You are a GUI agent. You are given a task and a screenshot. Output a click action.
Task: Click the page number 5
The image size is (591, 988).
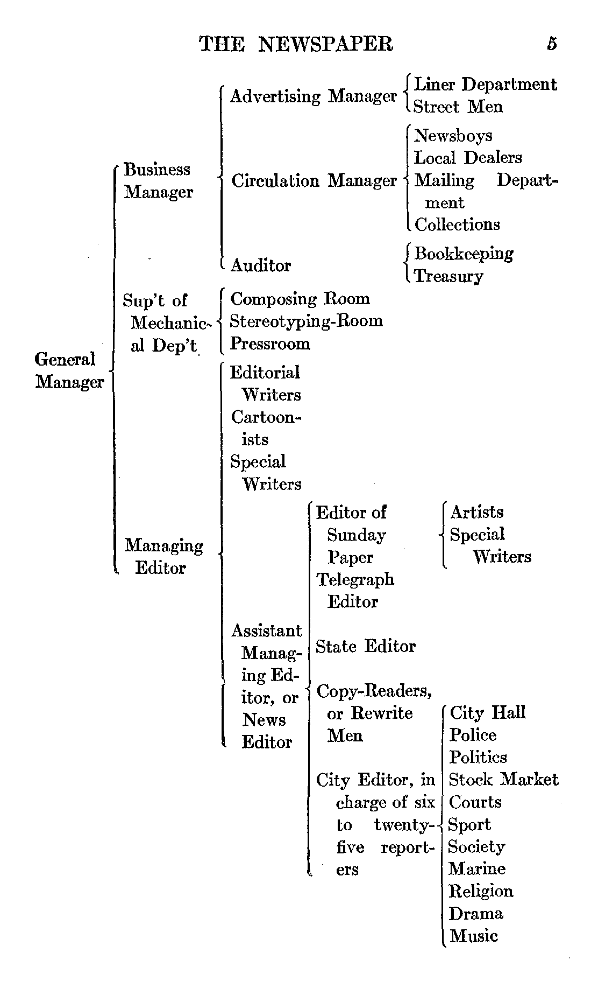tap(552, 43)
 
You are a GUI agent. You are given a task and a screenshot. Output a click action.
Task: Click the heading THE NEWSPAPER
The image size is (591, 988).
tap(296, 44)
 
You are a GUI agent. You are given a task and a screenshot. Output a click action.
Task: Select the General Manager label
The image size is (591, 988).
tap(69, 370)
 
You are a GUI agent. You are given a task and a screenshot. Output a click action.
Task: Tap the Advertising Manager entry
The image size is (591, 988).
tap(313, 96)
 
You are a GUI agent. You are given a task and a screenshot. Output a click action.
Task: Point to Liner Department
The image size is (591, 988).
tap(485, 85)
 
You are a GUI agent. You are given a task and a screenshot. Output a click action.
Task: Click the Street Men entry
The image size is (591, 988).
tap(458, 107)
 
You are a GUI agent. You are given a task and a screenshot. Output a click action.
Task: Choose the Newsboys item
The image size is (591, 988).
tap(453, 135)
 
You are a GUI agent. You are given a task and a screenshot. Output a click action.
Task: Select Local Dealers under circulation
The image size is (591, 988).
tap(468, 158)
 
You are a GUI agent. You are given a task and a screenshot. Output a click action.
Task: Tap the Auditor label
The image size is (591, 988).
tap(260, 265)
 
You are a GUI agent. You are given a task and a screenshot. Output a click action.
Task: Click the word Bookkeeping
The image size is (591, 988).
tap(464, 254)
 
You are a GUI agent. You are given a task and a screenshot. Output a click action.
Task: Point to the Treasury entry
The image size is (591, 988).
tap(448, 276)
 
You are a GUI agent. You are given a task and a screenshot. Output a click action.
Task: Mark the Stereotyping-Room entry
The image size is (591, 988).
tap(306, 321)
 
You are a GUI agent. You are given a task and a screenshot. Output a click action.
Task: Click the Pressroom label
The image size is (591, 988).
tap(270, 344)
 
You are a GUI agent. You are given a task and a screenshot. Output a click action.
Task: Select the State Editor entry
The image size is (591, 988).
tap(366, 646)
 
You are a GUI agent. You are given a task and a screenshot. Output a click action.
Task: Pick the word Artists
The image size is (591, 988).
tap(477, 512)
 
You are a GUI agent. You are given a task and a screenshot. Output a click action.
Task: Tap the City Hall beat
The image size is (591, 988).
tap(487, 713)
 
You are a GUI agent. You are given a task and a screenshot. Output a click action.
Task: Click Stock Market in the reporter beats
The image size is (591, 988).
tap(503, 780)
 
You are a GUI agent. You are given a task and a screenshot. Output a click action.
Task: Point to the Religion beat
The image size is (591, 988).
tap(481, 891)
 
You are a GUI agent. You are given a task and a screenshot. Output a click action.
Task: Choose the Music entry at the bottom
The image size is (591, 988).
tap(473, 936)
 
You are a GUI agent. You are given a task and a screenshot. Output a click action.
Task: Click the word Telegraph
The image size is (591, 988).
tap(355, 579)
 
